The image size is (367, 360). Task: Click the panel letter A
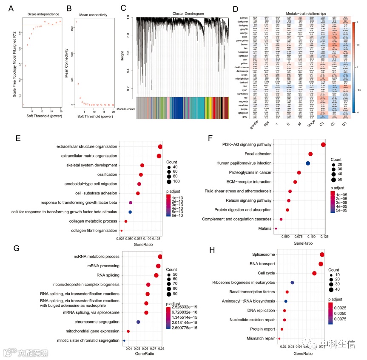click(x=6, y=8)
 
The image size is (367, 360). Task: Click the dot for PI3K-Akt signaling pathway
click(x=323, y=145)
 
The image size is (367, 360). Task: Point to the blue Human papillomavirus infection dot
click(x=308, y=163)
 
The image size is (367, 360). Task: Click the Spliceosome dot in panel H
click(x=322, y=254)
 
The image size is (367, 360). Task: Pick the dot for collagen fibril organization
click(x=122, y=231)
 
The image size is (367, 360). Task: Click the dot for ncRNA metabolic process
click(x=160, y=257)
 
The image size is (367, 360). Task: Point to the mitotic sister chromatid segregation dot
click(x=124, y=340)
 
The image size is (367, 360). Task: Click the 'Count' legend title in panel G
click(x=171, y=269)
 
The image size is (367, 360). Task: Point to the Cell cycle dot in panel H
click(x=314, y=273)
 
